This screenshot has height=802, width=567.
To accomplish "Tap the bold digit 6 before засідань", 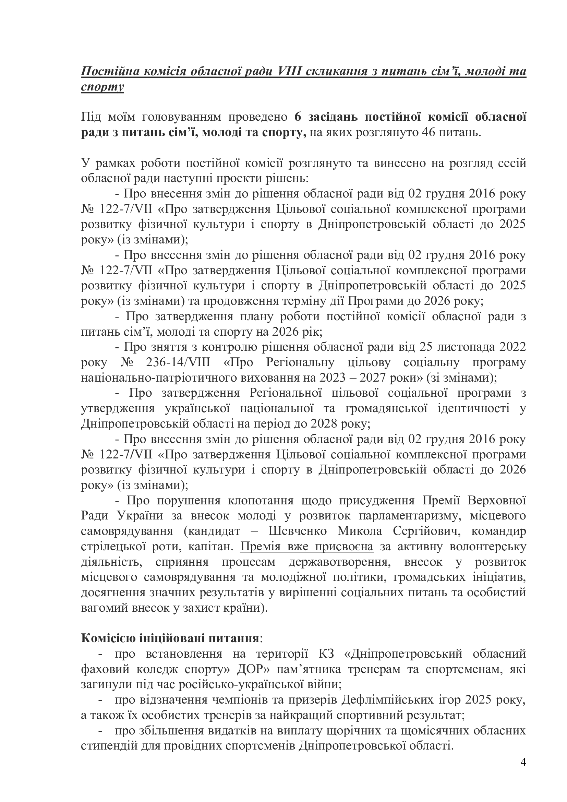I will (x=298, y=117).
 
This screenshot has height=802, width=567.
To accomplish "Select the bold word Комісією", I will (x=108, y=638).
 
